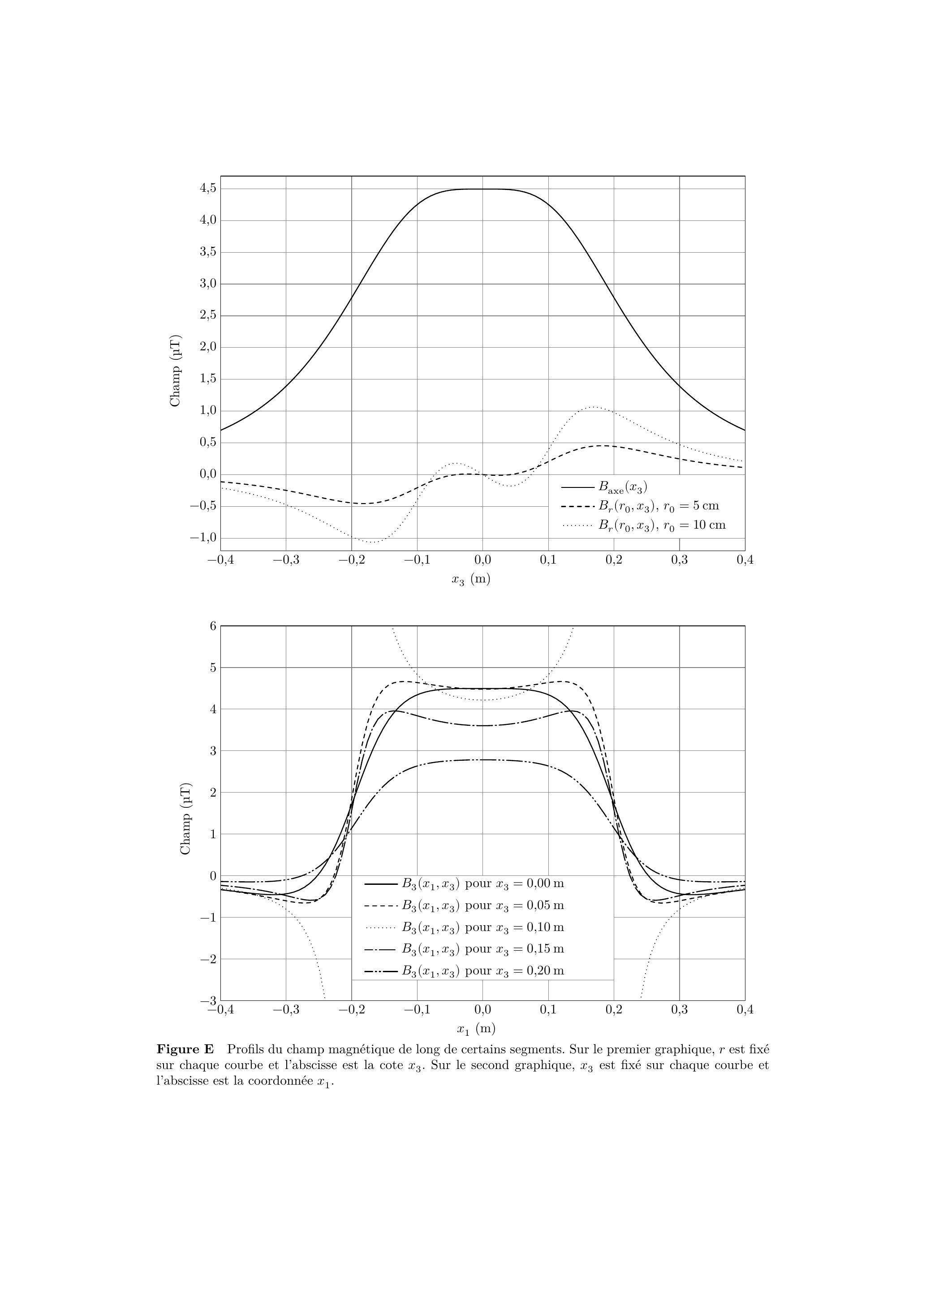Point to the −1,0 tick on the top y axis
click(x=203, y=538)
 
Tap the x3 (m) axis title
click(x=471, y=579)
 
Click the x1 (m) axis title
click(x=476, y=1029)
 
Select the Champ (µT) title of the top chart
click(x=176, y=371)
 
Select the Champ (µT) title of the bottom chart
click(x=186, y=819)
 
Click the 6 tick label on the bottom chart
click(x=213, y=625)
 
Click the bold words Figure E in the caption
click(x=185, y=1049)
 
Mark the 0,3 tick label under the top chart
click(x=679, y=560)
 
